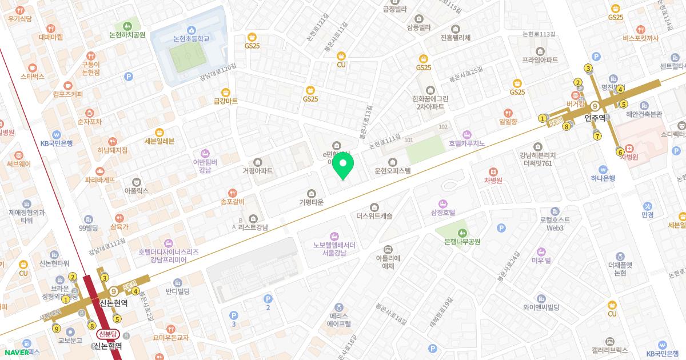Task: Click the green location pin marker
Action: point(343,166)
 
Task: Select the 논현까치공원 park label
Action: point(124,34)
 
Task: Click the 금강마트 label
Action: point(225,101)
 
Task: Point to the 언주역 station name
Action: point(595,118)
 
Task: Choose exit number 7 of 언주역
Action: point(597,135)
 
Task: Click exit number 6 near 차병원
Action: point(620,151)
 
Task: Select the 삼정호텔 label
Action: point(443,212)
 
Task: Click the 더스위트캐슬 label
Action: point(374,216)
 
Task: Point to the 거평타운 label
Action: point(311,202)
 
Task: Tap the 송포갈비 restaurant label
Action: point(232,201)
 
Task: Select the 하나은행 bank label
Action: point(603,178)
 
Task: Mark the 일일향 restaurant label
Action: point(508,121)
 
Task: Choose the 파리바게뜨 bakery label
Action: point(99,179)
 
